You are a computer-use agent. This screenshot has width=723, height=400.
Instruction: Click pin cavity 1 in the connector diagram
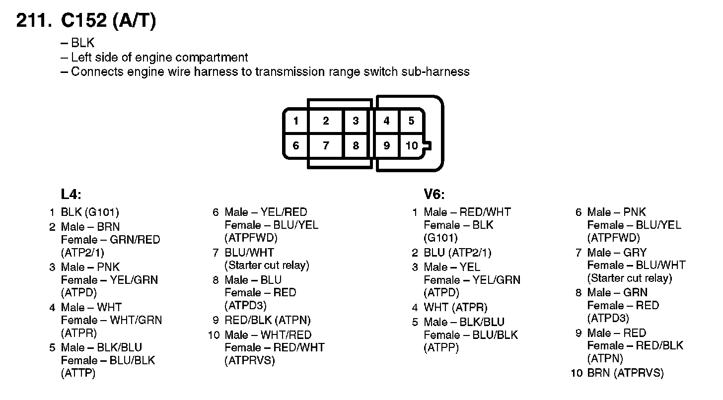(x=296, y=121)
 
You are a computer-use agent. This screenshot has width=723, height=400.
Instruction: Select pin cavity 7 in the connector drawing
(x=326, y=146)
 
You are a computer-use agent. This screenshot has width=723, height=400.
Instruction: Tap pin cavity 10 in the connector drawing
(x=412, y=146)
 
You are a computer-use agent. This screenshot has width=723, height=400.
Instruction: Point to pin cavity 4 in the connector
(x=386, y=121)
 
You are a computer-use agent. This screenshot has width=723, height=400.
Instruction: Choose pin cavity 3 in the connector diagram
(x=356, y=121)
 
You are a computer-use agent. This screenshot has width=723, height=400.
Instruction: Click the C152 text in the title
(x=83, y=21)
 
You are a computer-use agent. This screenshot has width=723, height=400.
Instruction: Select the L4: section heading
(x=71, y=194)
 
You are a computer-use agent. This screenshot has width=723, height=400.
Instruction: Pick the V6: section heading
(x=434, y=194)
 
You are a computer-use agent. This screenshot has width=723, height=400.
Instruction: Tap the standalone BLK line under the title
(x=82, y=43)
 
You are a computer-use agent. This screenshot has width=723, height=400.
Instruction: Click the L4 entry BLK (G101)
(x=90, y=212)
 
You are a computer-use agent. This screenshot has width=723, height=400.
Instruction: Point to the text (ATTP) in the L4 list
(x=78, y=373)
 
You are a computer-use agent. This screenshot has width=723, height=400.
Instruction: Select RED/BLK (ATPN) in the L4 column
(x=268, y=321)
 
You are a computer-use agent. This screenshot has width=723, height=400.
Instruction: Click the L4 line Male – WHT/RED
(x=268, y=335)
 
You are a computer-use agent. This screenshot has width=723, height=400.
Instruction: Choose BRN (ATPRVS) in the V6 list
(x=625, y=373)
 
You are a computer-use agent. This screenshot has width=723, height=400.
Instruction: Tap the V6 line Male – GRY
(x=617, y=253)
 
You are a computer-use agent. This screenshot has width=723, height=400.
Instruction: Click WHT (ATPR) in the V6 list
(x=455, y=308)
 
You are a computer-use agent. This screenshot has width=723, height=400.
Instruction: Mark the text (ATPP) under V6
(x=441, y=348)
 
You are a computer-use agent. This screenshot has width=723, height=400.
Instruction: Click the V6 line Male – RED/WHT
(x=467, y=212)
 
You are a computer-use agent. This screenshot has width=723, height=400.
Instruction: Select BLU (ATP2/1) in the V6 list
(x=457, y=253)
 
